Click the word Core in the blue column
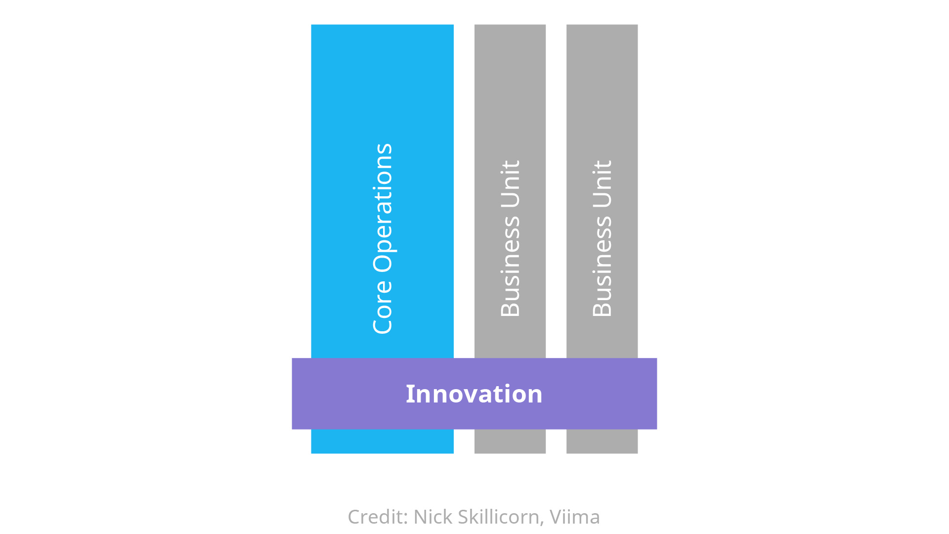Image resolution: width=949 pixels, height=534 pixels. [383, 307]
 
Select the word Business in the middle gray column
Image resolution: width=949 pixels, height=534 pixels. [511, 267]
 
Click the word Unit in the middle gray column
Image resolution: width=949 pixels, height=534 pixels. [511, 183]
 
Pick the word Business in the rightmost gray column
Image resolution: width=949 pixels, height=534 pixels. [603, 267]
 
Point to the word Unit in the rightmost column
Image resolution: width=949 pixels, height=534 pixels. [603, 183]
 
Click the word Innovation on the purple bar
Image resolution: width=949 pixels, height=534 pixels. [474, 394]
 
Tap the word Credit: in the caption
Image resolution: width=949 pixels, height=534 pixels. [378, 517]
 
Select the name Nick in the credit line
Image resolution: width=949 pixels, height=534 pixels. [432, 517]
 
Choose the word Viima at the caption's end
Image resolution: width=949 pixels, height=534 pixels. [575, 517]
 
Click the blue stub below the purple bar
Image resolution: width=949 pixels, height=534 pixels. [382, 442]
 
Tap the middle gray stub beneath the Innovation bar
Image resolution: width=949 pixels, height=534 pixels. [510, 442]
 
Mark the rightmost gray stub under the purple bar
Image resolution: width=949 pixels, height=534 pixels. [602, 442]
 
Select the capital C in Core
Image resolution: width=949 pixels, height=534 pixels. [382, 324]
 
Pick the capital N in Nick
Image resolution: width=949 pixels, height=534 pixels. [420, 517]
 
